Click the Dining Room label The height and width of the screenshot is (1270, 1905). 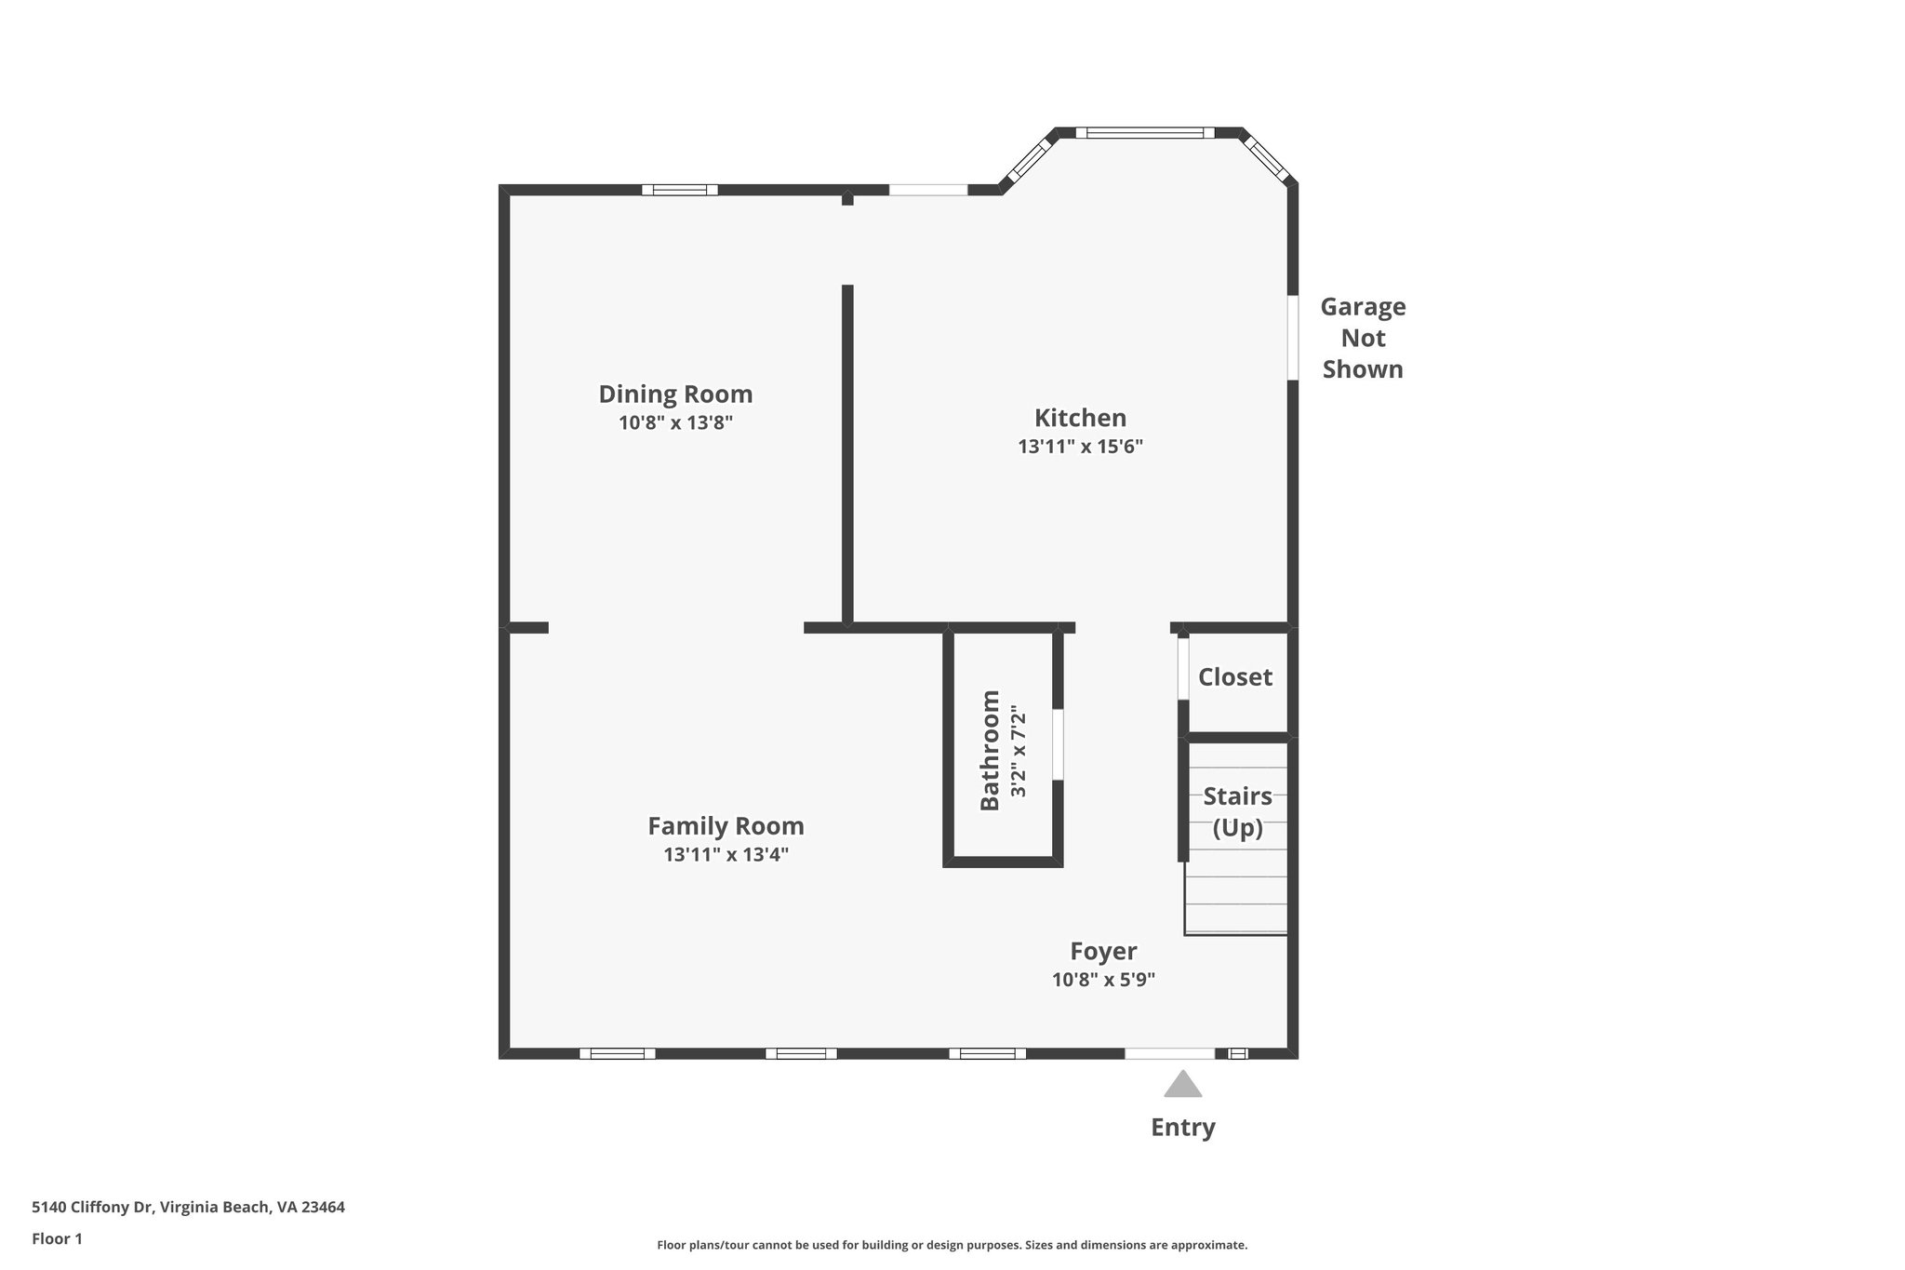[x=675, y=394]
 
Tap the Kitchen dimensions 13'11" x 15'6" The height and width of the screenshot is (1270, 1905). [x=1080, y=447]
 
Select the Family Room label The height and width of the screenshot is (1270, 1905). [x=726, y=826]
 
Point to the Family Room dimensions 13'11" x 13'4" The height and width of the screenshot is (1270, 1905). [x=726, y=854]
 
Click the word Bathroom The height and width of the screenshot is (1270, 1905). [x=991, y=750]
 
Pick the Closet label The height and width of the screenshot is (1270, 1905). [x=1234, y=677]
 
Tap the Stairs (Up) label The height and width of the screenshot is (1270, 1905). [x=1237, y=811]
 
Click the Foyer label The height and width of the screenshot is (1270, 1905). [x=1103, y=951]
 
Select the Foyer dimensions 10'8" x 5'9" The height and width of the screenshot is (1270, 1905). [x=1103, y=980]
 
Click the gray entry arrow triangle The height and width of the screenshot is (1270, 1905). [x=1182, y=1085]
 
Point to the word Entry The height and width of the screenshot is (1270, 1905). [x=1182, y=1128]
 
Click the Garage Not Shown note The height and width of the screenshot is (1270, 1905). [x=1363, y=338]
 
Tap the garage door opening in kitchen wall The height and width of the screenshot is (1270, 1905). [x=1293, y=338]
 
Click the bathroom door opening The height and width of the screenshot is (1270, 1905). [x=1058, y=744]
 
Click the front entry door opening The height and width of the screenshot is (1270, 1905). [x=1169, y=1054]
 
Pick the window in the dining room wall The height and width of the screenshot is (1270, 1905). [x=679, y=191]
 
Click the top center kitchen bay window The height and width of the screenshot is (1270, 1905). [x=1145, y=133]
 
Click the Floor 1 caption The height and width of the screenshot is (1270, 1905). [x=57, y=1239]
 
